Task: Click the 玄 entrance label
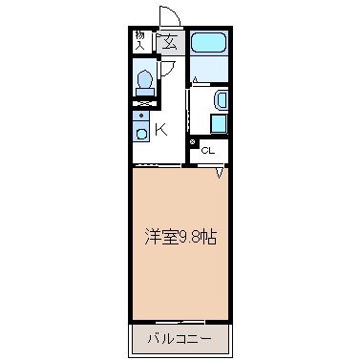click(170, 43)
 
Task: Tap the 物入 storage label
click(139, 40)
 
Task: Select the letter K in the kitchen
click(161, 130)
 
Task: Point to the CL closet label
click(208, 151)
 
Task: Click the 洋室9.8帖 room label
click(180, 237)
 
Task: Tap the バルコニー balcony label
click(180, 339)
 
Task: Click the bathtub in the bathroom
click(209, 43)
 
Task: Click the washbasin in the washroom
click(221, 100)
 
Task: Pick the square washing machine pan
click(219, 124)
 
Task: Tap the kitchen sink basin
click(141, 134)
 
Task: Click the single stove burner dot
click(141, 115)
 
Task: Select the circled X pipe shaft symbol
click(193, 142)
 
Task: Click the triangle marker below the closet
click(220, 173)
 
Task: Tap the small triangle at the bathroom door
click(195, 79)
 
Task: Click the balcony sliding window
click(180, 323)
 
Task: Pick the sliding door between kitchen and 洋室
click(158, 165)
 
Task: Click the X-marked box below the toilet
click(144, 103)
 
